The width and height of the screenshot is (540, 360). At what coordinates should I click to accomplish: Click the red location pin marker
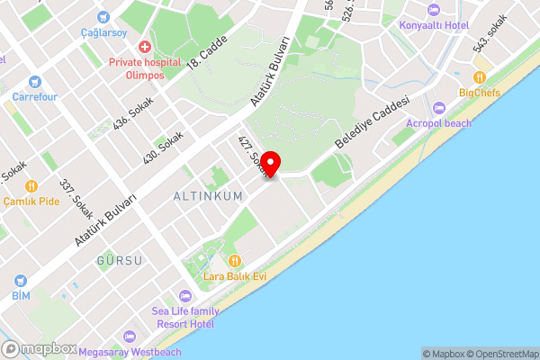click(x=270, y=163)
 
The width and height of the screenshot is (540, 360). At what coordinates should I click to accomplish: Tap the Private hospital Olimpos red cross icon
click(x=143, y=46)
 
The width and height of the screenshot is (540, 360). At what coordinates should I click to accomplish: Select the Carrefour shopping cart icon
click(x=35, y=80)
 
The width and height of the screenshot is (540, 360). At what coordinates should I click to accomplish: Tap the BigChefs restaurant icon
click(x=480, y=76)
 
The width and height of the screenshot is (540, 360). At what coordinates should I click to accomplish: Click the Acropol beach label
click(x=438, y=122)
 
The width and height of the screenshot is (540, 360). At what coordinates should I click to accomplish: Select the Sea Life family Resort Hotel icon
click(x=184, y=296)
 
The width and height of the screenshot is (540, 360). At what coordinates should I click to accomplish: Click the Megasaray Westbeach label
click(x=130, y=352)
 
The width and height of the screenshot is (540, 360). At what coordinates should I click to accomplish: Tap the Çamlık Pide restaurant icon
click(x=31, y=186)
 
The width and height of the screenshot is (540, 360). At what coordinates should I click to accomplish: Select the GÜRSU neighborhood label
click(x=119, y=260)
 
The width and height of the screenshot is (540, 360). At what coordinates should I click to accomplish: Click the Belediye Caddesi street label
click(x=372, y=123)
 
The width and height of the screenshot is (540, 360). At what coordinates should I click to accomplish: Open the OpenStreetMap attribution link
click(x=502, y=354)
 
